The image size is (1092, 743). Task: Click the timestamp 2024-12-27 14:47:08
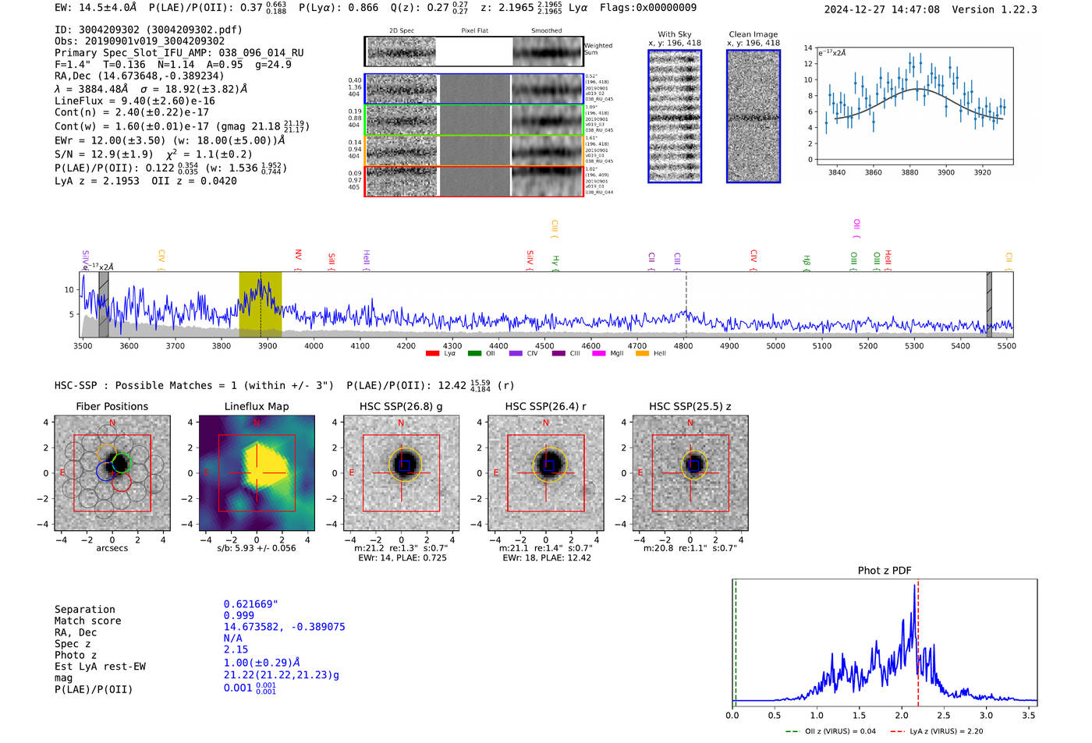(881, 9)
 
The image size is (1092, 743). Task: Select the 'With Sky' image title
(674, 34)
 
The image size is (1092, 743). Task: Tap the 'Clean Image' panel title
(753, 34)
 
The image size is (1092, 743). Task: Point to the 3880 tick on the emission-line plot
(909, 172)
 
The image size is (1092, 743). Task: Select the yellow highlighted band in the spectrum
(260, 304)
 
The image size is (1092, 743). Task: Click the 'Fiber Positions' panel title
(112, 406)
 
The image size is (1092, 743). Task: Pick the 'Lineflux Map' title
(256, 406)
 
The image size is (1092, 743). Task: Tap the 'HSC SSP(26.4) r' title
(545, 406)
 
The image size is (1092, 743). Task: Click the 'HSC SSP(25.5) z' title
(690, 406)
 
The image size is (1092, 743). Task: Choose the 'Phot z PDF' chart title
(884, 571)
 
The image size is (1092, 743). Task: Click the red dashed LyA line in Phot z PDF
(918, 647)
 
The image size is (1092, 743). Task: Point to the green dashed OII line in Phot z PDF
(736, 647)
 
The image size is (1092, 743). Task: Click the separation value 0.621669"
(250, 604)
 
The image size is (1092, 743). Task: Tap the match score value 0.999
(239, 615)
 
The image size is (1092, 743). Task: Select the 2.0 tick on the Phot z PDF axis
(901, 715)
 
